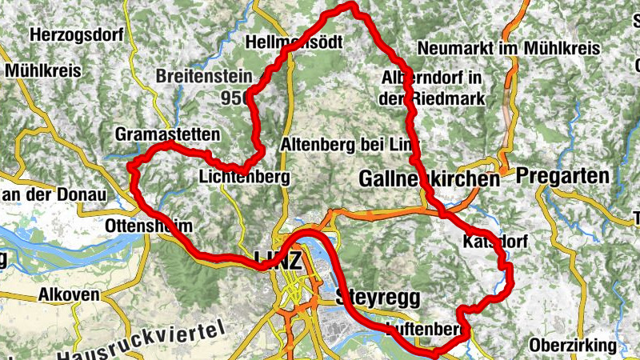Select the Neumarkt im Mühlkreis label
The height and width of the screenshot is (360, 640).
coord(508,48)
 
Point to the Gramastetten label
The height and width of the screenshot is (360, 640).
coord(166,133)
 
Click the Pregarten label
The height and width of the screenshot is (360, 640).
coord(562,175)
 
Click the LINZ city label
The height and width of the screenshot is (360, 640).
coord(278,260)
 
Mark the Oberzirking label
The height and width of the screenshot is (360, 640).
coord(573,346)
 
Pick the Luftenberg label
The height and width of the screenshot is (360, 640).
coord(425,329)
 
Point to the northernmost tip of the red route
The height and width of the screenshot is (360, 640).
coord(349,6)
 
